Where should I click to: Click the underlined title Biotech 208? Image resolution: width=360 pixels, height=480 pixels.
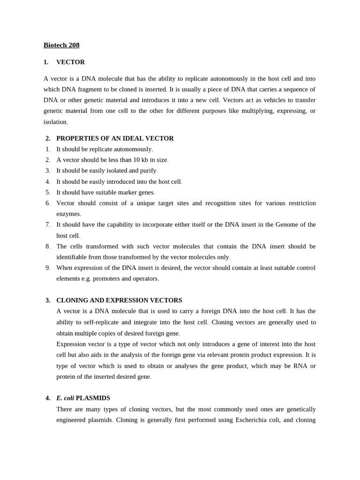61,45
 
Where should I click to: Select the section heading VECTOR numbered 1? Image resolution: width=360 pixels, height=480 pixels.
70,62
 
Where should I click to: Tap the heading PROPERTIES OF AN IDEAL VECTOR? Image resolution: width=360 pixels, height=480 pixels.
115,138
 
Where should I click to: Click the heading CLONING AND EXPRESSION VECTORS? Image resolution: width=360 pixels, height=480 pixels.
119,300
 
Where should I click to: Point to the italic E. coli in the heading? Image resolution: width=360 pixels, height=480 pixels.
65,398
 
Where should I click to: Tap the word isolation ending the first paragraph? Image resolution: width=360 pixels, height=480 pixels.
55,122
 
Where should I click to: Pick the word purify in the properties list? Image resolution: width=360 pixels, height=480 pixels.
149,171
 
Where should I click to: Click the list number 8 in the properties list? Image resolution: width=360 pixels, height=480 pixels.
48,246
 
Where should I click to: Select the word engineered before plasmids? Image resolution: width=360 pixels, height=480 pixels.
72,420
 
